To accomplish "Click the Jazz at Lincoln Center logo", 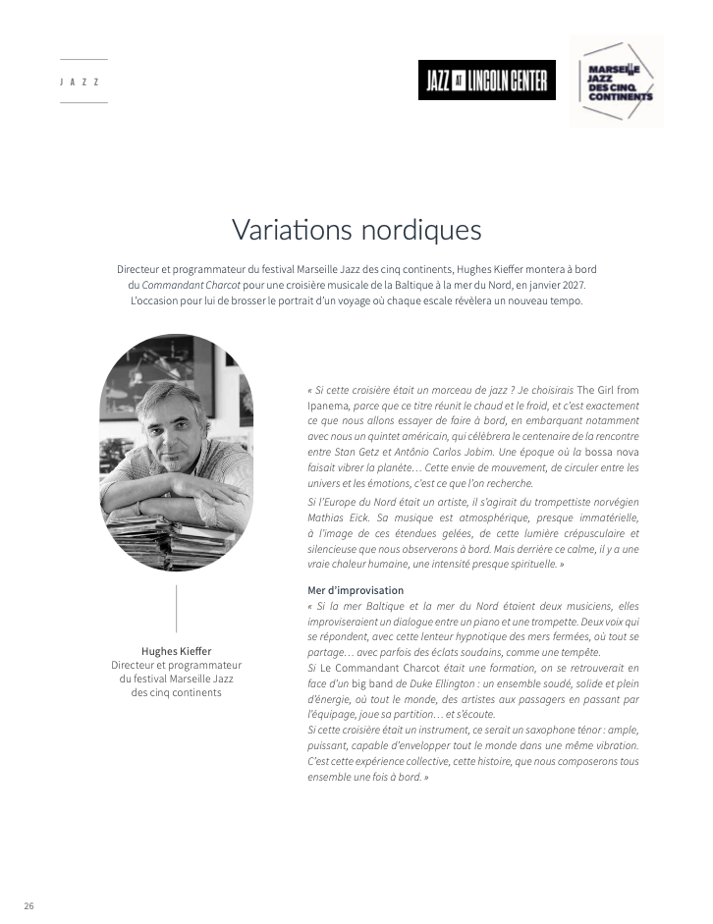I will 486,81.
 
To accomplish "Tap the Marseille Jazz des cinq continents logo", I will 616,82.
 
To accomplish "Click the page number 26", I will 28,905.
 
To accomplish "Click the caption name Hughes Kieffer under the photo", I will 176,650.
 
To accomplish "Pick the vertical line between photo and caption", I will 176,609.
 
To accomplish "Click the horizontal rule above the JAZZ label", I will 83,60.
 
